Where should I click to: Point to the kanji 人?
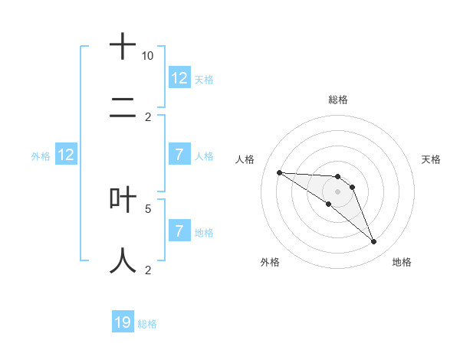[x=123, y=260]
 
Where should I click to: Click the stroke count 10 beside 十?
[x=148, y=57]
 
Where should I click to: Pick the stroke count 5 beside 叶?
[x=148, y=208]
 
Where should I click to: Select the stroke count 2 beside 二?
[x=148, y=117]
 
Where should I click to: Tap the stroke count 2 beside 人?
[x=148, y=270]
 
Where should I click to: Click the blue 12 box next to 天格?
[x=179, y=78]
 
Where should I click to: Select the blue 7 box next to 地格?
[x=179, y=231]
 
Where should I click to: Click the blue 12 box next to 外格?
[x=66, y=155]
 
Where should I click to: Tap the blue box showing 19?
[x=123, y=322]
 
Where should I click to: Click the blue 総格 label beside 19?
[x=147, y=324]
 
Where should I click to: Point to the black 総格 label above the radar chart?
[x=338, y=100]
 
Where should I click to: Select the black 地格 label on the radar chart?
[x=402, y=262]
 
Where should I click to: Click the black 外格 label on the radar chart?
[x=270, y=262]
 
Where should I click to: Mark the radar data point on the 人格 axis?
[x=279, y=172]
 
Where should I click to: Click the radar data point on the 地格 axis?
[x=374, y=242]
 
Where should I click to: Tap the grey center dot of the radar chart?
[x=338, y=191]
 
